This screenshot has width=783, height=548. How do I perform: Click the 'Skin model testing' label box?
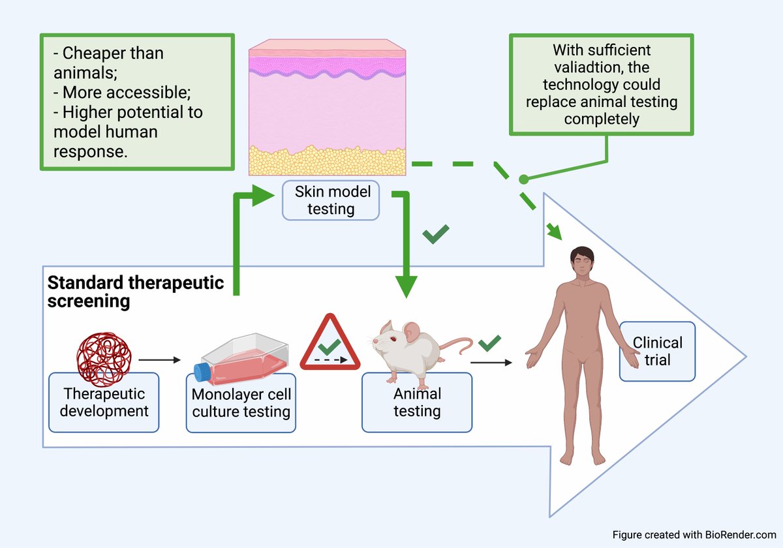(x=331, y=200)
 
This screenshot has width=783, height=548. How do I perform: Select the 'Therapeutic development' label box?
(x=104, y=402)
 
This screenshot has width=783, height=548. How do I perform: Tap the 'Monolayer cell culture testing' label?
(x=241, y=403)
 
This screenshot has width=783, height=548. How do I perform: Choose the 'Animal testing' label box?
(x=416, y=402)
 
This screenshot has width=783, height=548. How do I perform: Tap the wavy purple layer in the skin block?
(x=328, y=65)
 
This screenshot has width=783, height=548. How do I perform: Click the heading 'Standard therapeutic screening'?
(x=136, y=292)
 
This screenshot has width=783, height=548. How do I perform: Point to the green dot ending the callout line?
(x=523, y=179)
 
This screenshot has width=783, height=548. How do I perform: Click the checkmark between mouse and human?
(x=489, y=341)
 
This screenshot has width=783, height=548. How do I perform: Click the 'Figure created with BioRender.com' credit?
(x=694, y=534)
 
